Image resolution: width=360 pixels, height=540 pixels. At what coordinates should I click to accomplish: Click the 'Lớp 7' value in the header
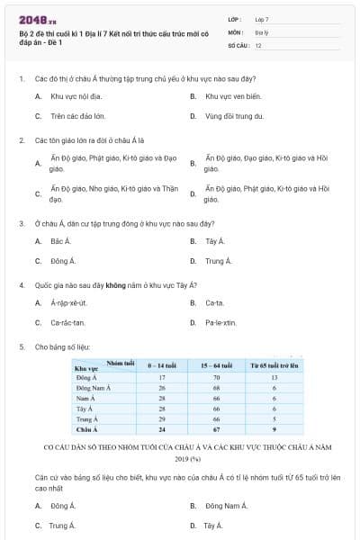pyautogui.click(x=262, y=19)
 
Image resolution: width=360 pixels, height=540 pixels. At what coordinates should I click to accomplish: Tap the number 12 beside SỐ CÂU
pyautogui.click(x=258, y=44)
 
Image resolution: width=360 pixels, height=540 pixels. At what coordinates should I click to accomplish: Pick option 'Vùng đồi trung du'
pyautogui.click(x=234, y=116)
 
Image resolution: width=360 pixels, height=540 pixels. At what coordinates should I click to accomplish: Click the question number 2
pyautogui.click(x=21, y=140)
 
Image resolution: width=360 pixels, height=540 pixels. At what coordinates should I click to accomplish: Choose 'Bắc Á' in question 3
pyautogui.click(x=60, y=241)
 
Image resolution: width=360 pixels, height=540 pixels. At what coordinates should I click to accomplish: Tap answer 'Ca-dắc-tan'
pyautogui.click(x=67, y=322)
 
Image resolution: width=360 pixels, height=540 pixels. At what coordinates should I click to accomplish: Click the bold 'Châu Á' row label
pyautogui.click(x=87, y=430)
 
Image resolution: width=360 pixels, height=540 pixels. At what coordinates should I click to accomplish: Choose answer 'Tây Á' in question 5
pyautogui.click(x=213, y=525)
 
